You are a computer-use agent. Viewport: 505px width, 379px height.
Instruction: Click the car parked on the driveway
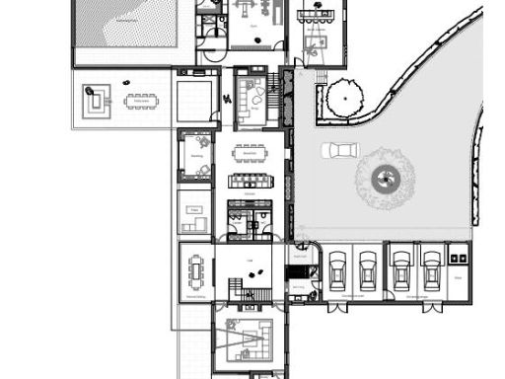click(x=340, y=150)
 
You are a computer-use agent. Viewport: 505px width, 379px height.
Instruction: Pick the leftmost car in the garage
click(x=336, y=267)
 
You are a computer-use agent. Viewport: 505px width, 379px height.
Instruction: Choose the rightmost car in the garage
click(x=430, y=267)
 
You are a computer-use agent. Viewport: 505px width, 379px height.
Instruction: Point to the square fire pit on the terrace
click(x=95, y=100)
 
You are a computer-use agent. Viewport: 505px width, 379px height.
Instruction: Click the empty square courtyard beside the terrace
click(x=194, y=100)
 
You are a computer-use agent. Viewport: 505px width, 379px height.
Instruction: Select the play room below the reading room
click(x=194, y=213)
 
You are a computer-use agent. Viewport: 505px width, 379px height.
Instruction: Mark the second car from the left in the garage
click(x=368, y=267)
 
